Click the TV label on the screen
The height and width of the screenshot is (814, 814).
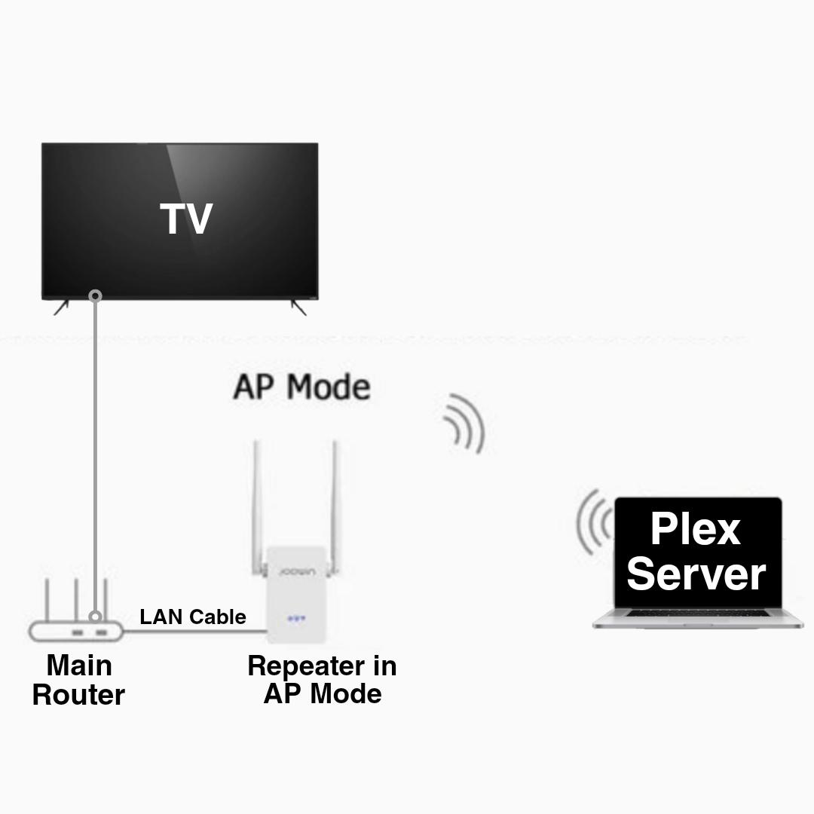[x=186, y=219]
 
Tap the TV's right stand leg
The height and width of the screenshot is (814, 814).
[x=298, y=307]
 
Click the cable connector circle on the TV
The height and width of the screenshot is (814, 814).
[x=95, y=296]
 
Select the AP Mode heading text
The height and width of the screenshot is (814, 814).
[x=301, y=387]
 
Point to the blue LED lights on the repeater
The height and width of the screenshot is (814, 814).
[x=296, y=619]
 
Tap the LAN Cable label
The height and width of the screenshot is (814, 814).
[x=193, y=617]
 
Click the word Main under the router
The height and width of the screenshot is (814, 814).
[x=79, y=666]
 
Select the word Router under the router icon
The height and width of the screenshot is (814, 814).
[x=78, y=695]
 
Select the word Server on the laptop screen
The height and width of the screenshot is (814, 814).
[x=696, y=574]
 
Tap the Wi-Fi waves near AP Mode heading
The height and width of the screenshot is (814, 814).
[x=464, y=424]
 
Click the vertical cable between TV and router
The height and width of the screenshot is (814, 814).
[x=95, y=452]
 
